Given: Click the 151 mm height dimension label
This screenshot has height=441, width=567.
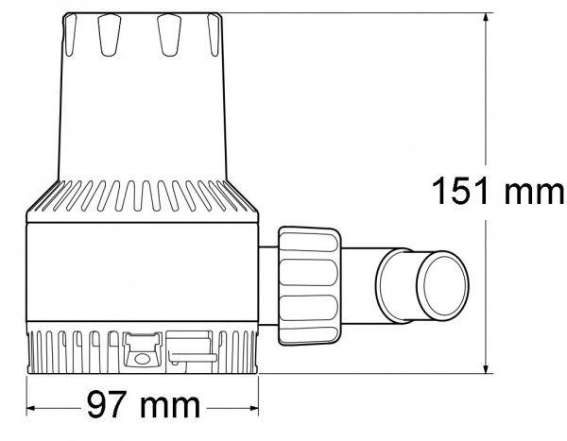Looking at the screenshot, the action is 498,191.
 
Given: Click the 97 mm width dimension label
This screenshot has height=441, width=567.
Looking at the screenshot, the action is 144,404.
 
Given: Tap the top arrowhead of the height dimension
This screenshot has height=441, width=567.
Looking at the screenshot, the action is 487,17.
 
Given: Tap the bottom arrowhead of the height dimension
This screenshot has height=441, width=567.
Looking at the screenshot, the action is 487,368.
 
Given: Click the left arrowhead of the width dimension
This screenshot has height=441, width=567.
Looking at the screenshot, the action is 31,408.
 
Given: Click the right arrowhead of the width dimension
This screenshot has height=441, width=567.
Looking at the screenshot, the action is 254,408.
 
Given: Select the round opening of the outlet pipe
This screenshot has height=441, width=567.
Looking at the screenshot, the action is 442,282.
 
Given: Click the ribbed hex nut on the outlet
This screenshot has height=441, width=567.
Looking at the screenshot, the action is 309,286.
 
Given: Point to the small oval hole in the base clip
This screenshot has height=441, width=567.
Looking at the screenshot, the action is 142,358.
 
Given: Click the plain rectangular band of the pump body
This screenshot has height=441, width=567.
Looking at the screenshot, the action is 143,271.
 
